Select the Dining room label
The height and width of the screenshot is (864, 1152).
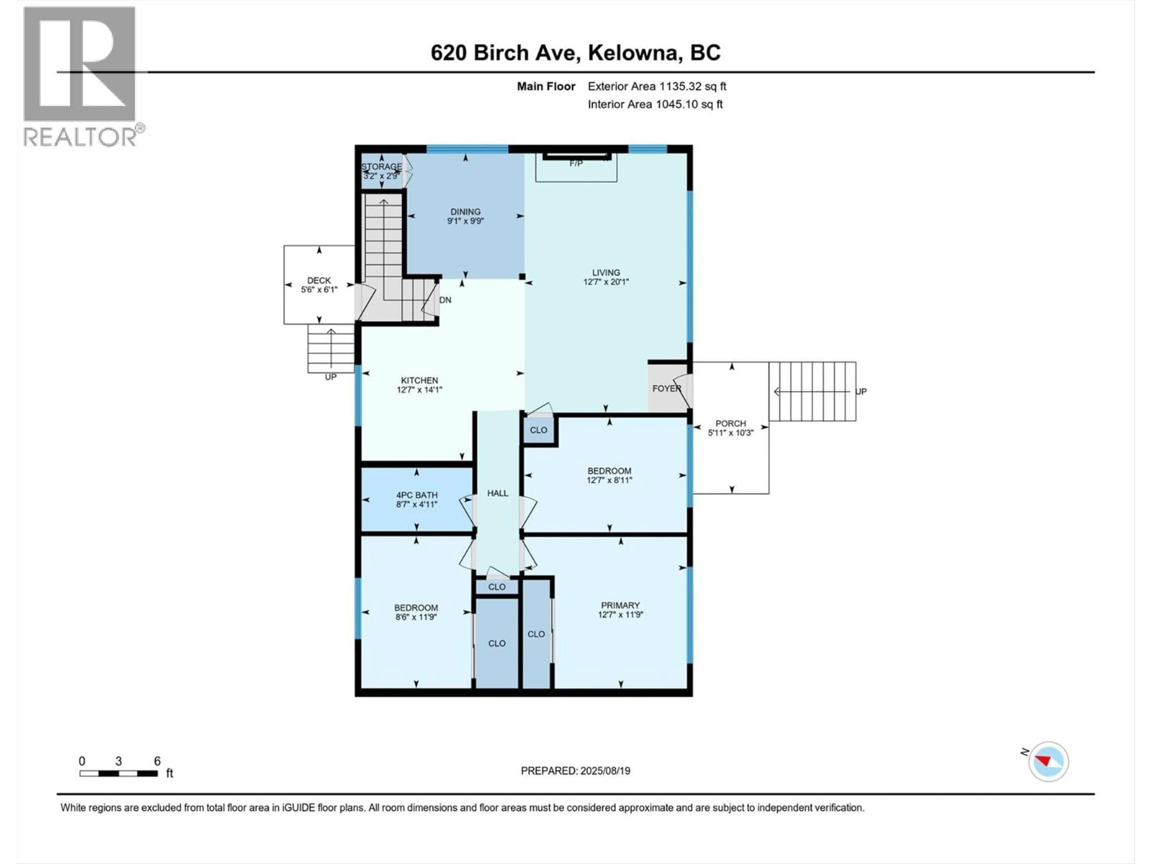[465, 211]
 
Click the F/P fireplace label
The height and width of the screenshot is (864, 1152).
[576, 163]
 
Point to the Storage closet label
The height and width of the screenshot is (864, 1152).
[382, 167]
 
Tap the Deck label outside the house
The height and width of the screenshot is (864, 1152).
[319, 280]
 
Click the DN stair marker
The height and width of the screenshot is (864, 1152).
[445, 300]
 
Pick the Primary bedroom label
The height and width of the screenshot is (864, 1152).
[620, 605]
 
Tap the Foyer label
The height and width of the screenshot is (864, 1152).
[666, 388]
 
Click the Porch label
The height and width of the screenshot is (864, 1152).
[730, 423]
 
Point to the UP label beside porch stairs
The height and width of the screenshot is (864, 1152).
[861, 391]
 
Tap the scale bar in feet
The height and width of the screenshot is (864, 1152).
[119, 773]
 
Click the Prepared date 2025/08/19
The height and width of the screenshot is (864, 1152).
[575, 771]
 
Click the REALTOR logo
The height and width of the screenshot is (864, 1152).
[81, 76]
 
